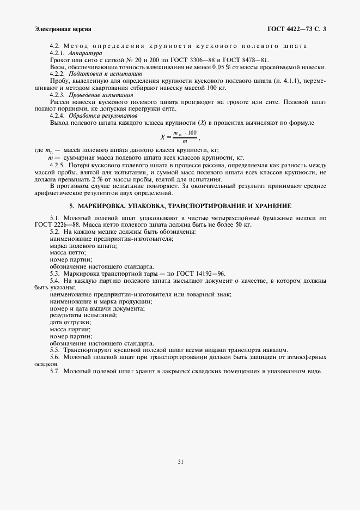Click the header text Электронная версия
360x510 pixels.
point(62,28)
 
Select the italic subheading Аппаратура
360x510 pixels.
point(86,53)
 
